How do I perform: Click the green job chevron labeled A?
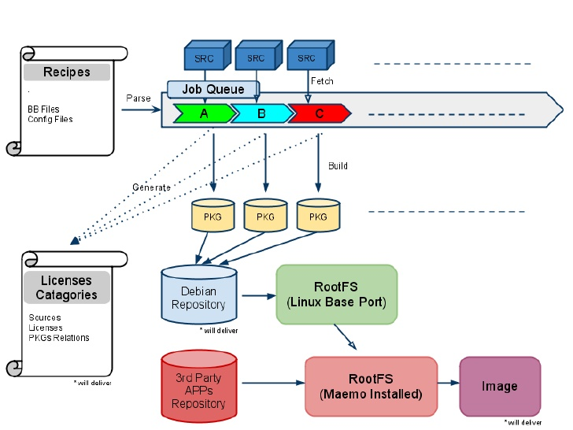pos(205,113)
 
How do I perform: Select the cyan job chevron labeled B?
pos(261,113)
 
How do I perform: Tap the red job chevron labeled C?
pos(320,113)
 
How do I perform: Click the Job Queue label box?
pos(213,89)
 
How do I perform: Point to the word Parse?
pos(139,98)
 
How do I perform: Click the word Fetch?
pos(322,81)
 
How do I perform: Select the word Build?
pos(338,165)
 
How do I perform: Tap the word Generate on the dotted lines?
pos(151,187)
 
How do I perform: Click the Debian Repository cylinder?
pos(199,295)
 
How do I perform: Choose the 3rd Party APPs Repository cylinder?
pos(199,387)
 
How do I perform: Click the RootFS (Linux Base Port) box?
pos(337,295)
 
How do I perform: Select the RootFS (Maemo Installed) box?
pos(372,387)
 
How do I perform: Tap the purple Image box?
pos(500,387)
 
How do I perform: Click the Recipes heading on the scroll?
pos(67,72)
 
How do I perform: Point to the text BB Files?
pos(43,109)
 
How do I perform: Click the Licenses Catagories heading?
pos(67,287)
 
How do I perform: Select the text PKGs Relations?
pos(59,338)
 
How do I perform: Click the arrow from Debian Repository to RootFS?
pos(259,296)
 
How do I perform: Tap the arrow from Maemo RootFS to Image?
pos(449,383)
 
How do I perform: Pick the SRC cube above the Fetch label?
pos(311,55)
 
